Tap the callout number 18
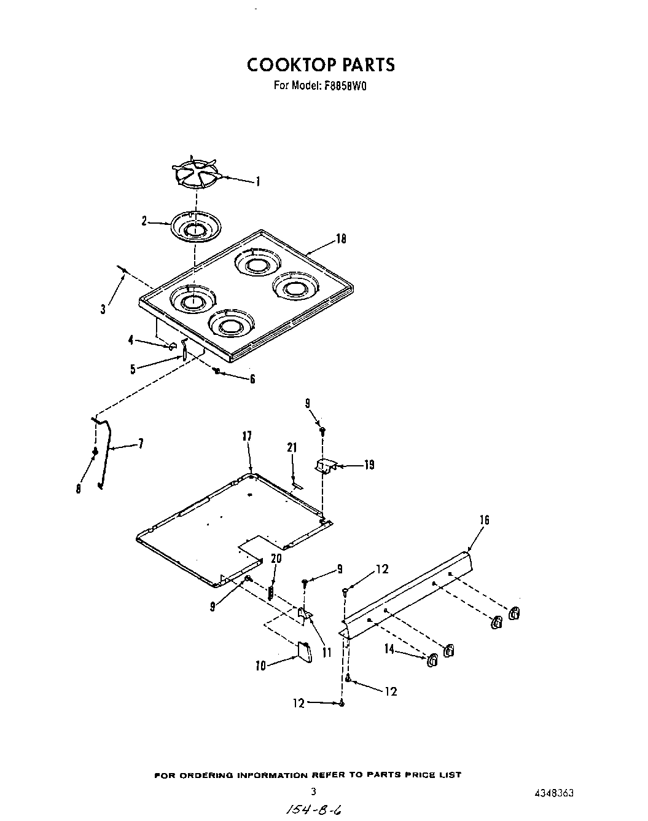341,238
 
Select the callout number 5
133,369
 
